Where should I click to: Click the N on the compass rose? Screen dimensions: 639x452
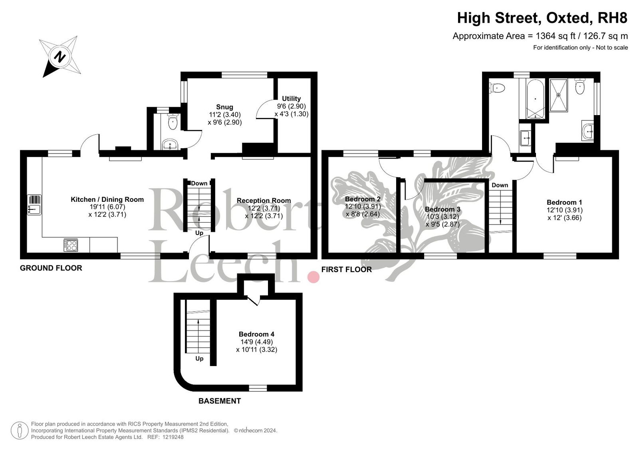click(60, 56)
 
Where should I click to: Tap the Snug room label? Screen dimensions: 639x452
click(224, 107)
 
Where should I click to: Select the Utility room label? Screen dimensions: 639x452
click(291, 99)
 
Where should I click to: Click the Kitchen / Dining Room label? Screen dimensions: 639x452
click(107, 199)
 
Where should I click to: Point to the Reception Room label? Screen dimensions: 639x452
click(264, 201)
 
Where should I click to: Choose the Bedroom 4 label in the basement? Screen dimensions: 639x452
click(256, 334)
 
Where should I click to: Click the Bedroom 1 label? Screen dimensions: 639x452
click(564, 203)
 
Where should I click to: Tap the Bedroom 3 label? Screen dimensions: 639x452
click(443, 209)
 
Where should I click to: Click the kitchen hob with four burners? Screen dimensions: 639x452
click(70, 245)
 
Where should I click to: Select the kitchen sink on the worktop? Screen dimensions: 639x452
click(34, 205)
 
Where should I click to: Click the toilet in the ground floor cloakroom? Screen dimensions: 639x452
click(173, 121)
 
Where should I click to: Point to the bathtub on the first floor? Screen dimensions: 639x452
click(535, 99)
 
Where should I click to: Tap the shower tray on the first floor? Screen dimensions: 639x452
click(559, 95)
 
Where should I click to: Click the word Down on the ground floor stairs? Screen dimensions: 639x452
click(199, 183)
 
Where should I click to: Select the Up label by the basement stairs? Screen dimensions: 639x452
click(199, 358)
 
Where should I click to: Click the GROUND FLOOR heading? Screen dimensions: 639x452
click(51, 268)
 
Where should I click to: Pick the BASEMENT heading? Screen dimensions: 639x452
click(220, 401)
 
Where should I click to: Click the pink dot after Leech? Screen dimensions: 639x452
click(313, 277)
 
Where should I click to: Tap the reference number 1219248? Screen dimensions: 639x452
click(173, 437)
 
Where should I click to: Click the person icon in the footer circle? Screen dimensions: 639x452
click(20, 430)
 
